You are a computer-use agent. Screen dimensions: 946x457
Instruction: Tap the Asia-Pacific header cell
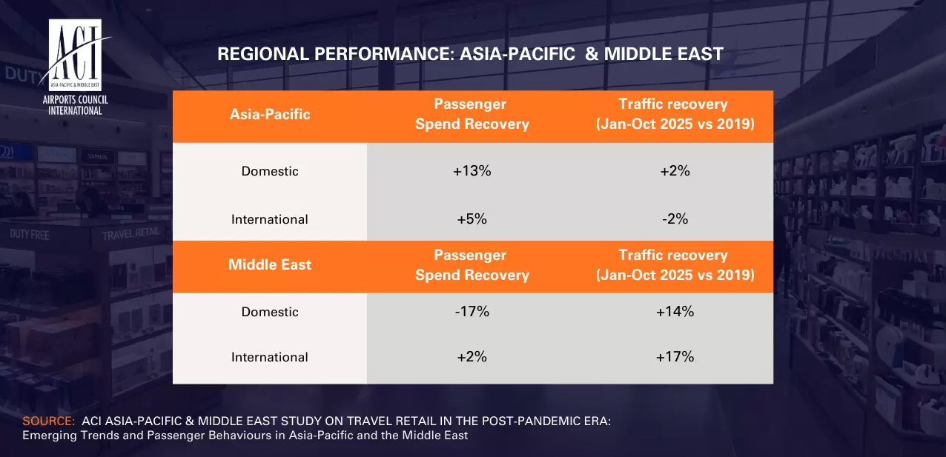(270, 114)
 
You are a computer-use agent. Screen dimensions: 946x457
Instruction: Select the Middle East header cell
(270, 264)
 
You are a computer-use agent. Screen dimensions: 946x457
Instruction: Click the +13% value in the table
(472, 171)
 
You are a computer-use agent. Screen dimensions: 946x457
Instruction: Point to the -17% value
(472, 311)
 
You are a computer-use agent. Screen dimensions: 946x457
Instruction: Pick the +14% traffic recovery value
(675, 311)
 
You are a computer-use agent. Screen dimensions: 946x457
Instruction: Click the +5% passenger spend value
(472, 219)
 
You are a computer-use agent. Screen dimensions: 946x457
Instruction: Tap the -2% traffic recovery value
(675, 219)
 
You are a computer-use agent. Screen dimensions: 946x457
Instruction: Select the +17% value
(675, 357)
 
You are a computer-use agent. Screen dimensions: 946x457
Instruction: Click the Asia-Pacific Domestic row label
(270, 171)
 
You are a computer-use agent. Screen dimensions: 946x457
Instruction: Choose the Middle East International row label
(270, 357)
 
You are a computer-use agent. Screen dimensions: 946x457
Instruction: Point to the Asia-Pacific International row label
(270, 219)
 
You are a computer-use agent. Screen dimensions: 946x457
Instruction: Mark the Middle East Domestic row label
(270, 312)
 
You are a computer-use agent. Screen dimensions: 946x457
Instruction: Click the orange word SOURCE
(49, 421)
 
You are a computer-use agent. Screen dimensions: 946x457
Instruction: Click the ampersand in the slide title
(592, 54)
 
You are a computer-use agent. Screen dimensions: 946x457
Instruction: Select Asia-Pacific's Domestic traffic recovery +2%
(675, 171)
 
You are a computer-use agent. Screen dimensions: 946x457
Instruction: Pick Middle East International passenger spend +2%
(472, 357)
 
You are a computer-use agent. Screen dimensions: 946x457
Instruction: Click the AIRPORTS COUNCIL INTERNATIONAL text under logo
(75, 105)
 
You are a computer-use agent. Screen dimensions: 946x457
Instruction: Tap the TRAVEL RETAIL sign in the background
(131, 233)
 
